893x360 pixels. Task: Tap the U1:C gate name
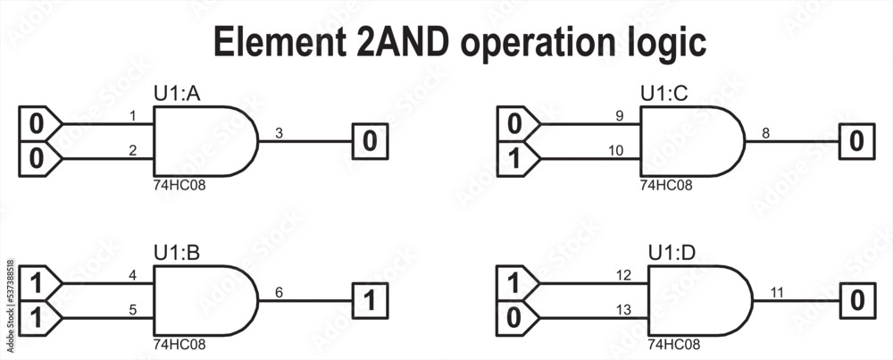(x=663, y=92)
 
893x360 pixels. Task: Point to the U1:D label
(x=670, y=253)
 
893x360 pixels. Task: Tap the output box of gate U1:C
(x=855, y=141)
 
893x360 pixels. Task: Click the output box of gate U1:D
(x=855, y=300)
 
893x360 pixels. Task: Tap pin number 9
(x=619, y=115)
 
